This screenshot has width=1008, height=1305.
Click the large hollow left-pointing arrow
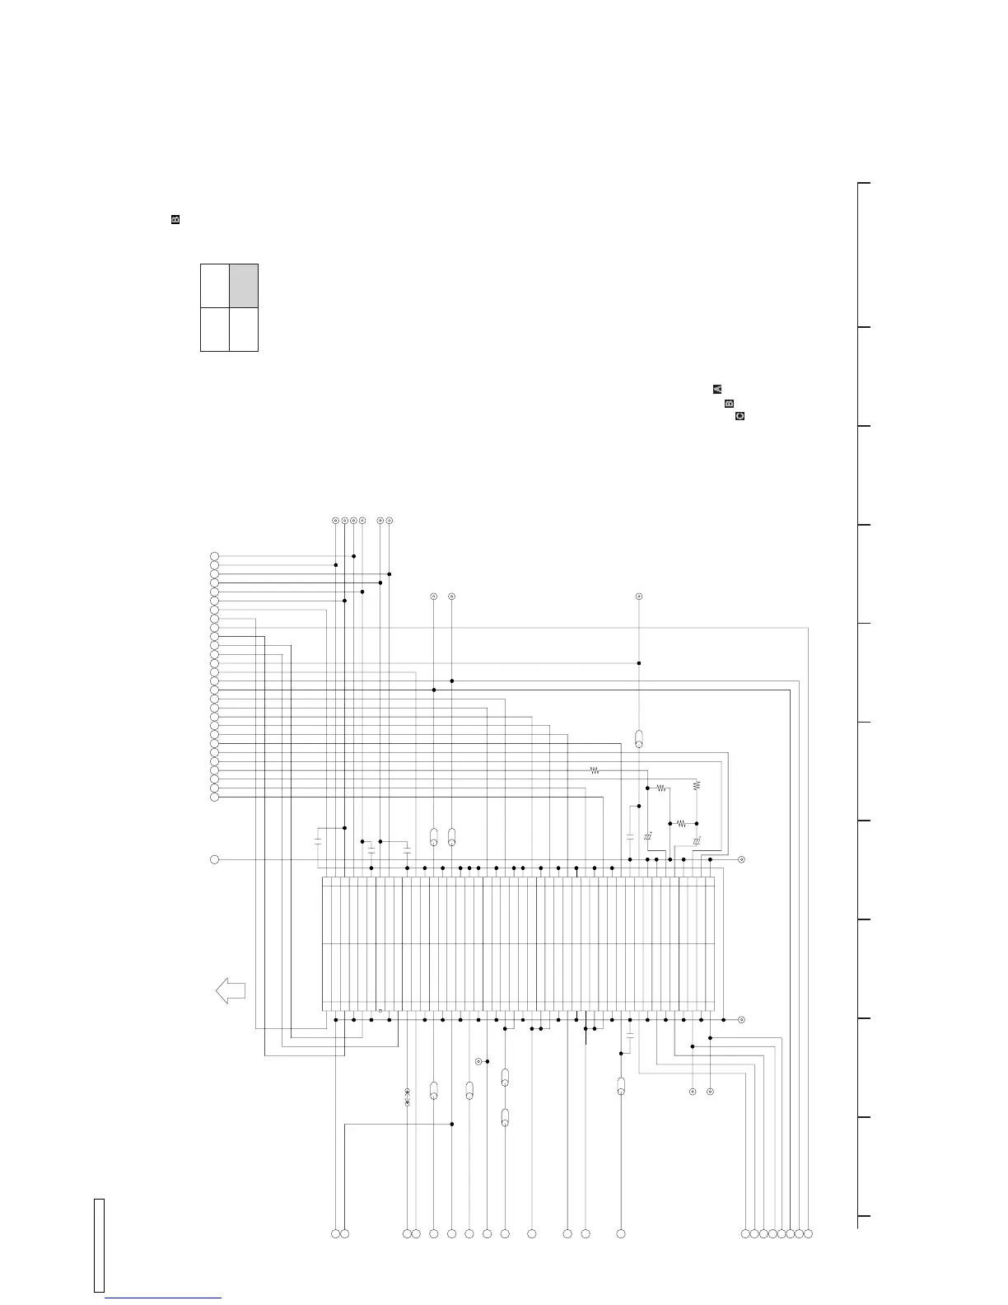point(230,989)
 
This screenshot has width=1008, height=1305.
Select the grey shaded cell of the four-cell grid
point(244,286)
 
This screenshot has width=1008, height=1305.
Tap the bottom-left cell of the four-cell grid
point(215,330)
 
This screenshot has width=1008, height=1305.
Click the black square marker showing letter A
point(717,389)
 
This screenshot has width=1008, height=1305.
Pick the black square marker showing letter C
point(740,416)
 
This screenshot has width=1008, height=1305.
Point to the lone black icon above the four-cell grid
point(175,220)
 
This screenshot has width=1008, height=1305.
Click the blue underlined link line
point(164,1298)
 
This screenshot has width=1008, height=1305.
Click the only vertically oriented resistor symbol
point(697,785)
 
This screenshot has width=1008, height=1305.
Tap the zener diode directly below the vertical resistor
point(697,841)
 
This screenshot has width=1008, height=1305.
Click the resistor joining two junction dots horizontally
point(680,823)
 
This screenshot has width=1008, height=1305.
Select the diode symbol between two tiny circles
point(407,1097)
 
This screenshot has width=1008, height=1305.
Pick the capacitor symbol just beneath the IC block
point(630,1036)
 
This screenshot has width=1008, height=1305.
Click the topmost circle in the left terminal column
point(214,556)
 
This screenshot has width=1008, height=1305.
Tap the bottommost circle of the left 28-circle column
point(214,797)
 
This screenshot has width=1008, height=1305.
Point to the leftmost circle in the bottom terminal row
point(335,1233)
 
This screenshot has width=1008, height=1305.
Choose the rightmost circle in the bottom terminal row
point(808,1233)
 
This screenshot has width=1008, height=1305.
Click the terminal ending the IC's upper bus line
point(741,859)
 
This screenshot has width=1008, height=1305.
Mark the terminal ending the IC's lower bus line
point(741,1020)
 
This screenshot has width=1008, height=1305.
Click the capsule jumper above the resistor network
point(639,737)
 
